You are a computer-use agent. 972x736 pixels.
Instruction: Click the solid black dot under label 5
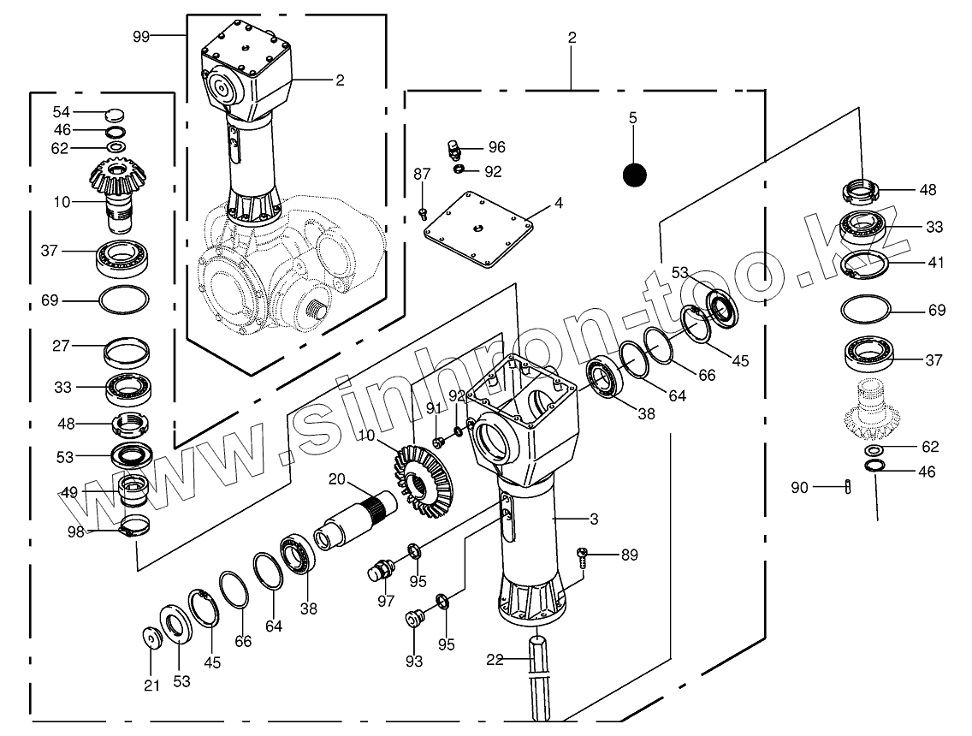tap(634, 175)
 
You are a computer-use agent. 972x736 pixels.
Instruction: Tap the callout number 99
tap(141, 37)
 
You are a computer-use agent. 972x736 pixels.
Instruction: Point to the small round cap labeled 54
tap(114, 114)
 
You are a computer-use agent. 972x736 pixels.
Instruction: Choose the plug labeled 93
tap(413, 619)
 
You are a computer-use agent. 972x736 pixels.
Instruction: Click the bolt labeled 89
tap(582, 557)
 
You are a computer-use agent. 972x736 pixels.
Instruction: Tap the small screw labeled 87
tap(424, 214)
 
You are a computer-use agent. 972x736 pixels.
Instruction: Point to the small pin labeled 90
tap(848, 487)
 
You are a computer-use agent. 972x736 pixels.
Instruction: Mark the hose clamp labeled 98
tap(134, 525)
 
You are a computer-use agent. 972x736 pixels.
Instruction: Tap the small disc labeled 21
tap(151, 638)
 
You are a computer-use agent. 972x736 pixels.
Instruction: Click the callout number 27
tap(61, 346)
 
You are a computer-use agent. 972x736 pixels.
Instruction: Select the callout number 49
tap(69, 493)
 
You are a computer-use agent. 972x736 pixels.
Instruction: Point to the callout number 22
tap(495, 660)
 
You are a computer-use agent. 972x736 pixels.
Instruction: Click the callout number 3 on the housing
tap(594, 519)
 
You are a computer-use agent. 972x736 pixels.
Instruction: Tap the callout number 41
tap(936, 262)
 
